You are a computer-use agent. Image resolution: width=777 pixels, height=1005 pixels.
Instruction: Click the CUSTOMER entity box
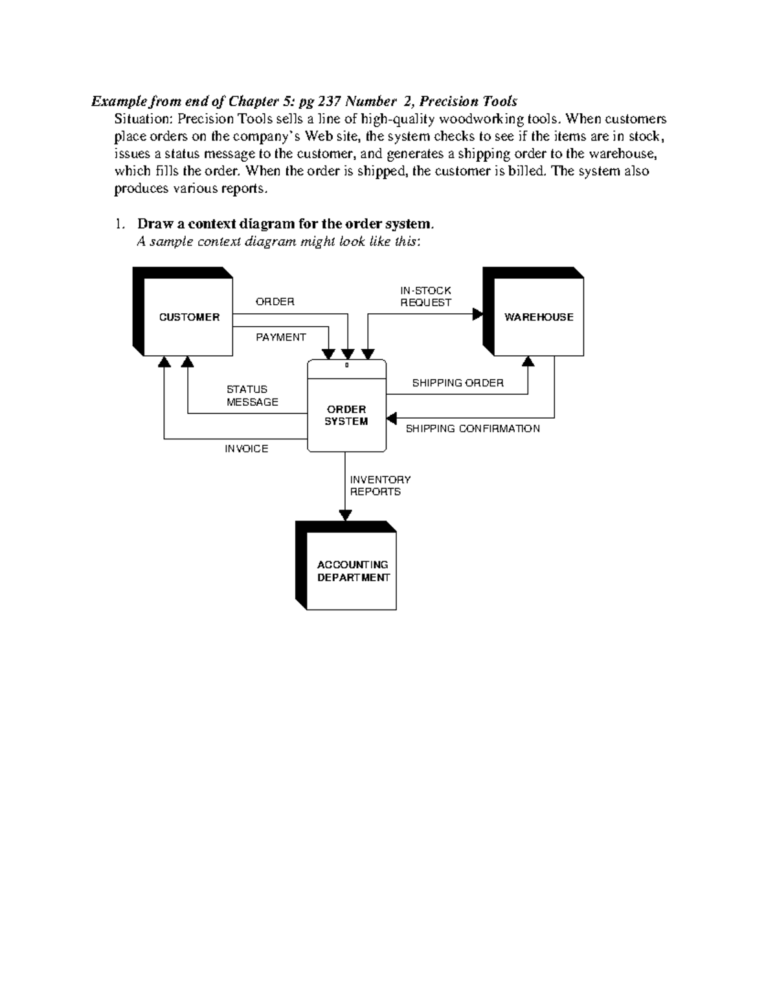188,317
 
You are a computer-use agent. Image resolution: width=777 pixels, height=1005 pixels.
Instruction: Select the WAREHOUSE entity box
538,317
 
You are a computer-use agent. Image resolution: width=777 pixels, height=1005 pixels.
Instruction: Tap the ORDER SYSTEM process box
346,415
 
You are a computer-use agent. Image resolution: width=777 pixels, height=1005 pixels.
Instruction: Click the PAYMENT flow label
280,337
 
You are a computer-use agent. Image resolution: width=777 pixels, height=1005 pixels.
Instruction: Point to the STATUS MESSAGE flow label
252,395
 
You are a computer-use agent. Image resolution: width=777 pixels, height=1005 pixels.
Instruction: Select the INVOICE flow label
246,448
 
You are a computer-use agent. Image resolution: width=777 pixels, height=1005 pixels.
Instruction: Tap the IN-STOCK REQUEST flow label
425,296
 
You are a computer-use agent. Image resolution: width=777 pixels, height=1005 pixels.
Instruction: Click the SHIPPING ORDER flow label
458,382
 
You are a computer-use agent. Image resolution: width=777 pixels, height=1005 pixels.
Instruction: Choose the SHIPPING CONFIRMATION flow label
472,428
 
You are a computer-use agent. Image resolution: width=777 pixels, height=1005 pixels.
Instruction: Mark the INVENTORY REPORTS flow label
380,485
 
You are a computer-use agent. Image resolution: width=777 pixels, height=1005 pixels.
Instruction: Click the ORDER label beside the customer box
275,302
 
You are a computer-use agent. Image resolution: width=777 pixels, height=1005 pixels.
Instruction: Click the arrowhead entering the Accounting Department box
345,515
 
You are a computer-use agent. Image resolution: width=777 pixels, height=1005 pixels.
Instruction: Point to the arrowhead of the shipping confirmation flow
391,418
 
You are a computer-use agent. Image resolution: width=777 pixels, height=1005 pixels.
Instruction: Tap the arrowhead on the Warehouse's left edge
478,315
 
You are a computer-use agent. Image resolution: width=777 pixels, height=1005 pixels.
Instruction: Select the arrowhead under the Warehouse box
528,361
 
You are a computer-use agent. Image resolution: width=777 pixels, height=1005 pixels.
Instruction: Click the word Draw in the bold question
154,224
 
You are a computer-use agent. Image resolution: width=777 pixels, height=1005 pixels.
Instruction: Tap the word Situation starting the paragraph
142,119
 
